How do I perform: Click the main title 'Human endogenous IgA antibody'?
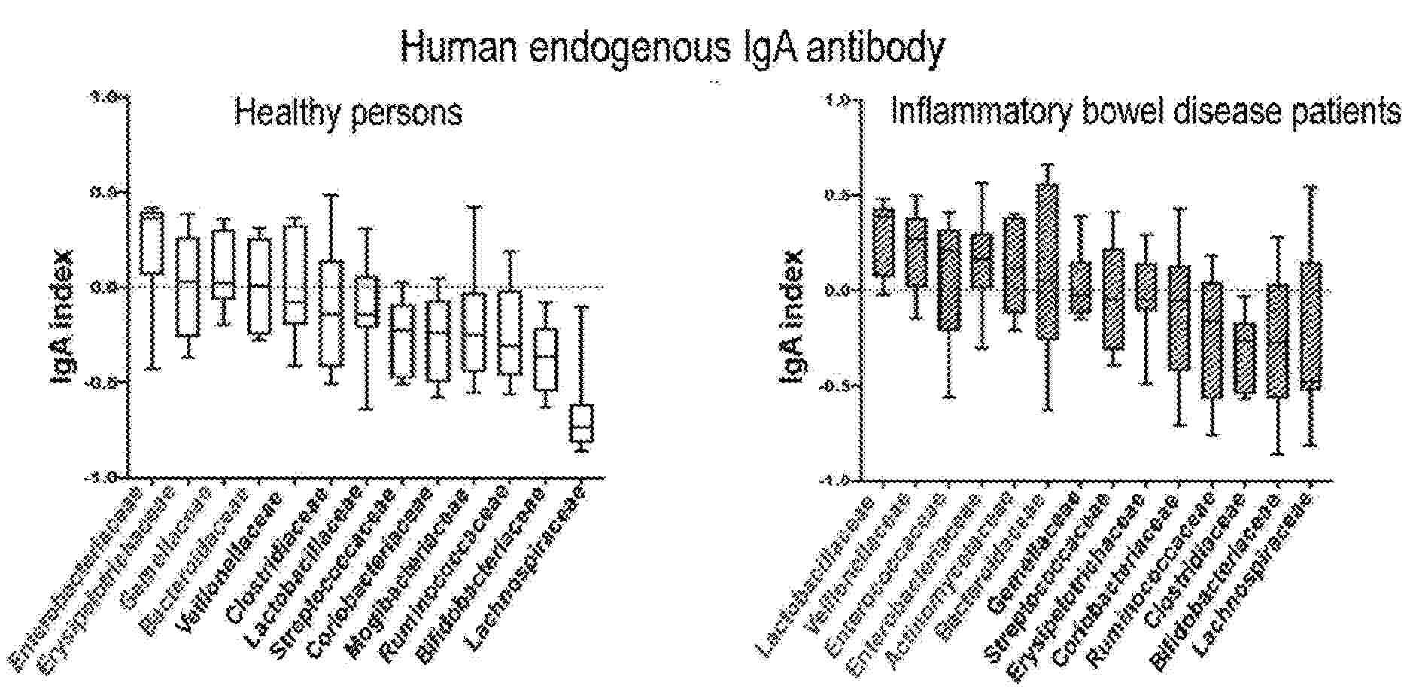pos(671,47)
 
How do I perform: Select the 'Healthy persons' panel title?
pos(348,113)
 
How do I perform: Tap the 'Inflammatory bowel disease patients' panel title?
pos(1145,112)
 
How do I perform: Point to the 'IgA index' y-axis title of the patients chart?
pos(792,317)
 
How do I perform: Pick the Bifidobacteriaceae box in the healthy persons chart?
pos(545,359)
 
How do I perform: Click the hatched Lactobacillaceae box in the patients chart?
pos(883,242)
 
